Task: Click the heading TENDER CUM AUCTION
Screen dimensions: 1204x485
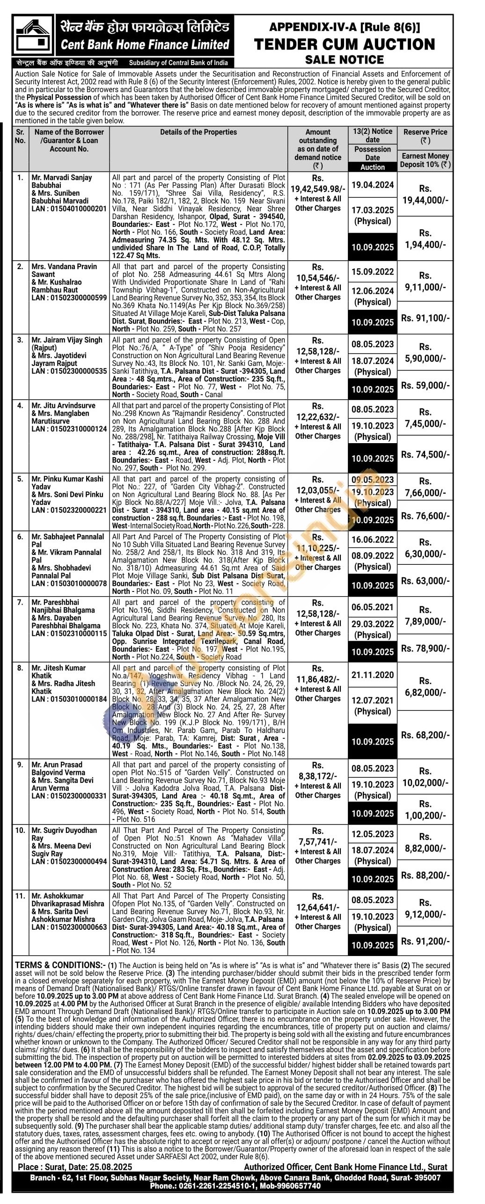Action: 344,44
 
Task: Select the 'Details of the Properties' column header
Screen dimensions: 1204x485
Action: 198,132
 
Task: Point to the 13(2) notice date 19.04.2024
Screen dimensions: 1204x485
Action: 373,185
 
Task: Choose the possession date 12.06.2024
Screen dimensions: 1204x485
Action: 373,291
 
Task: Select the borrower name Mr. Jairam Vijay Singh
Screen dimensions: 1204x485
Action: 67,340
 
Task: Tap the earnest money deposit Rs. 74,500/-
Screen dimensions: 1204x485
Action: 425,454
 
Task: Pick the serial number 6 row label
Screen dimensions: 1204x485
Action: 20,537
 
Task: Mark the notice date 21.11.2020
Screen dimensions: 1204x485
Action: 373,675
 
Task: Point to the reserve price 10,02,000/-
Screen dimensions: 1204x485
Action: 425,783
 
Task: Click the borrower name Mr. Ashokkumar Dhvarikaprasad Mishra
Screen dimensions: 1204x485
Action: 67,900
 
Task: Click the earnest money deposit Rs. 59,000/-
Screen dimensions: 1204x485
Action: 425,386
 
